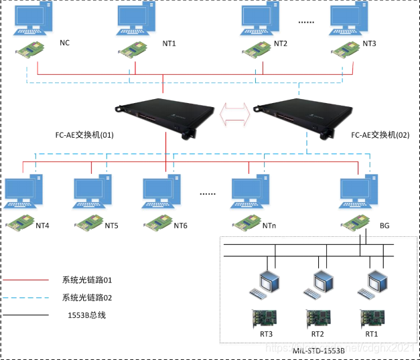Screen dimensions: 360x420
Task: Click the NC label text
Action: pyautogui.click(x=64, y=43)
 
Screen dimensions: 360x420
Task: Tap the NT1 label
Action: pyautogui.click(x=169, y=43)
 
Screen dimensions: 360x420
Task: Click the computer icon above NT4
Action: pyautogui.click(x=23, y=195)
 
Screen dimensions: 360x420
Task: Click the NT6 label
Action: pyautogui.click(x=181, y=226)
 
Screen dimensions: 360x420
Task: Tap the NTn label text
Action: pyautogui.click(x=270, y=226)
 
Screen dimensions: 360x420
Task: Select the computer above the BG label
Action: pyautogui.click(x=358, y=195)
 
